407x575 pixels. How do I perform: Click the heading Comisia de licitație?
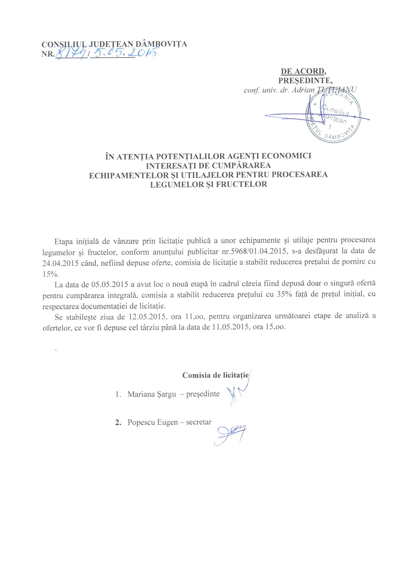coord(216,375)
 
